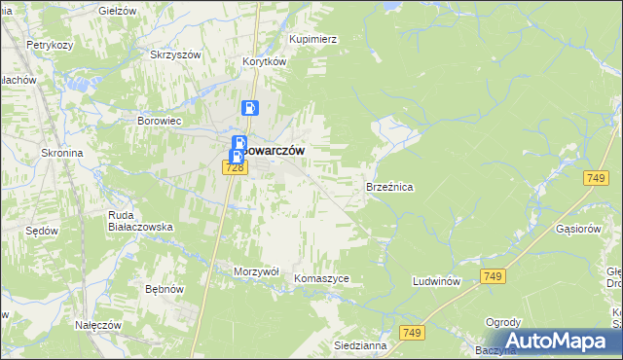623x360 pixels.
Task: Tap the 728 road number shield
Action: click(x=233, y=167)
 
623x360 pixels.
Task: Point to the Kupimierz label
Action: click(x=312, y=39)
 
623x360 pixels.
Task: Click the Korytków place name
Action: click(x=264, y=60)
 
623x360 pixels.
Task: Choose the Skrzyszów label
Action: click(x=175, y=54)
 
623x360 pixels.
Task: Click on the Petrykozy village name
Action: click(x=52, y=45)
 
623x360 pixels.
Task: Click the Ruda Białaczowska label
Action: click(x=139, y=221)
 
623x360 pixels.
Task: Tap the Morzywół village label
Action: click(x=257, y=270)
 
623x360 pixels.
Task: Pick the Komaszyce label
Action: click(x=320, y=278)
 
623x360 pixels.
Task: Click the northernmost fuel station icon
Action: click(x=250, y=109)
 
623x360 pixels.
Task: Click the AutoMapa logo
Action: click(x=559, y=341)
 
